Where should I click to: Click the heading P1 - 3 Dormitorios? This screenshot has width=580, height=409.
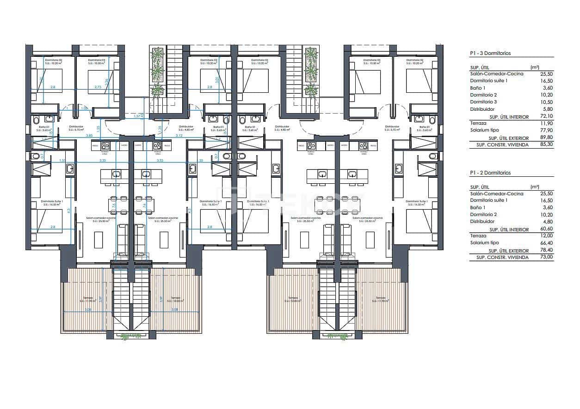490,54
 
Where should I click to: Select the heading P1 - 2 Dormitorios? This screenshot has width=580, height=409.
490,173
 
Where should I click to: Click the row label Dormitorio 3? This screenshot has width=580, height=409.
483,102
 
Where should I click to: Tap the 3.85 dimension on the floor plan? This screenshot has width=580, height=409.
90,135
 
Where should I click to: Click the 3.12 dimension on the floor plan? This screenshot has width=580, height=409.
179,135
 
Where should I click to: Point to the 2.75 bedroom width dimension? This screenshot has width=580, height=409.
98,87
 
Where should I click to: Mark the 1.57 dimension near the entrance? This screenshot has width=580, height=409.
136,116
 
